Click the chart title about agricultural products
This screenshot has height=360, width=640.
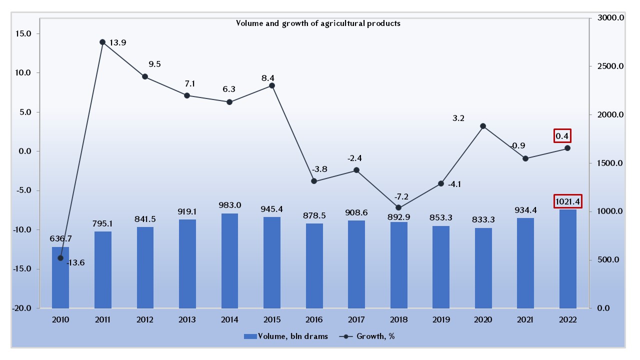click(318, 23)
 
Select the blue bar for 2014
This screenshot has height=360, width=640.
click(229, 260)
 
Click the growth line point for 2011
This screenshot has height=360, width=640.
click(102, 42)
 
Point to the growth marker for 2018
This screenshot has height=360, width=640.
click(398, 207)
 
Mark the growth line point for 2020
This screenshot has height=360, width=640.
click(483, 126)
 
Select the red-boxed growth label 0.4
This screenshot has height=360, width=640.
click(562, 135)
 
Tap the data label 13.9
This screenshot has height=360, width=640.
click(118, 42)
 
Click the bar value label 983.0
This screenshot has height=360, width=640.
click(229, 205)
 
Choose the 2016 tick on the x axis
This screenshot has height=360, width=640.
click(314, 320)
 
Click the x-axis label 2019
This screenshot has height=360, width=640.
click(440, 320)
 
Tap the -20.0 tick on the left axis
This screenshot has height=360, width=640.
click(21, 308)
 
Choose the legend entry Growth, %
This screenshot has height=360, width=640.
click(368, 336)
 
